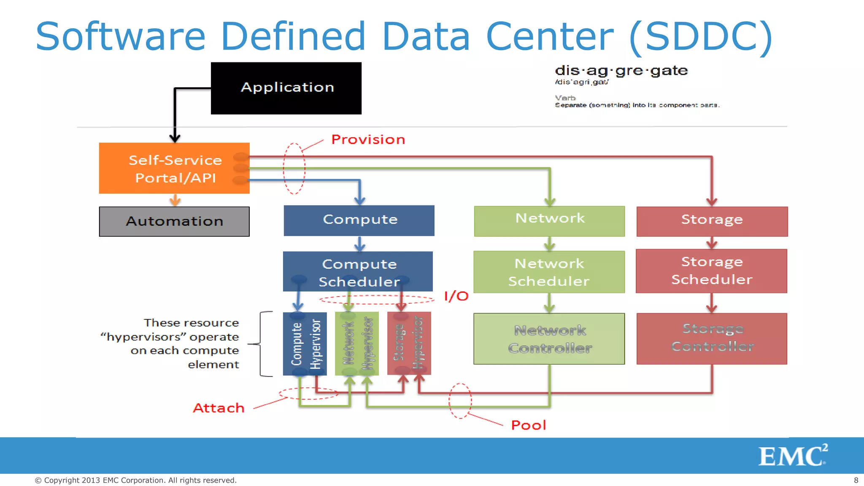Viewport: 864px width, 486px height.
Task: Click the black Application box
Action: (x=286, y=88)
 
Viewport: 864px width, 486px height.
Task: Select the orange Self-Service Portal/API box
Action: (x=174, y=168)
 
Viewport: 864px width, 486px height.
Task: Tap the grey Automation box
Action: (x=174, y=221)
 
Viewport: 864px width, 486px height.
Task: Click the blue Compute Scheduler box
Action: (x=358, y=272)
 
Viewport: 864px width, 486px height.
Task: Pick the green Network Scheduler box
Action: (x=549, y=272)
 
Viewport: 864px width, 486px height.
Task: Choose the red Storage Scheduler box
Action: (x=711, y=271)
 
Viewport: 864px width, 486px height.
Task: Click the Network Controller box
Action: (x=549, y=339)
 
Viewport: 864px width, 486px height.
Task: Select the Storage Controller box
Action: (x=712, y=338)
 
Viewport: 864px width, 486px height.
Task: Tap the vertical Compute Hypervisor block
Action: (x=305, y=344)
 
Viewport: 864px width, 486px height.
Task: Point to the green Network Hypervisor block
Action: (x=357, y=344)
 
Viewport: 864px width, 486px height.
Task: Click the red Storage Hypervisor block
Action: (x=409, y=344)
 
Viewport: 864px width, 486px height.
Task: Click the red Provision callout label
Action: (x=368, y=140)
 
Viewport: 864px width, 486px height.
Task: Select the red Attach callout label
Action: (x=219, y=408)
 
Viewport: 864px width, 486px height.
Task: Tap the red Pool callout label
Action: (x=528, y=425)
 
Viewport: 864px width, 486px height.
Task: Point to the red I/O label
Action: (x=456, y=296)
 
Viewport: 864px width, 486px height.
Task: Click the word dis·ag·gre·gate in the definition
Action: (x=621, y=70)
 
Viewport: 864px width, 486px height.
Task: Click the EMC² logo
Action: (x=792, y=456)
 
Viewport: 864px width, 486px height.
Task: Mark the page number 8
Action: (x=856, y=480)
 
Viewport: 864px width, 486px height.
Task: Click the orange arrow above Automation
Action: (x=175, y=200)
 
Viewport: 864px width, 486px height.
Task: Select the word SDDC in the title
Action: (x=700, y=37)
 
